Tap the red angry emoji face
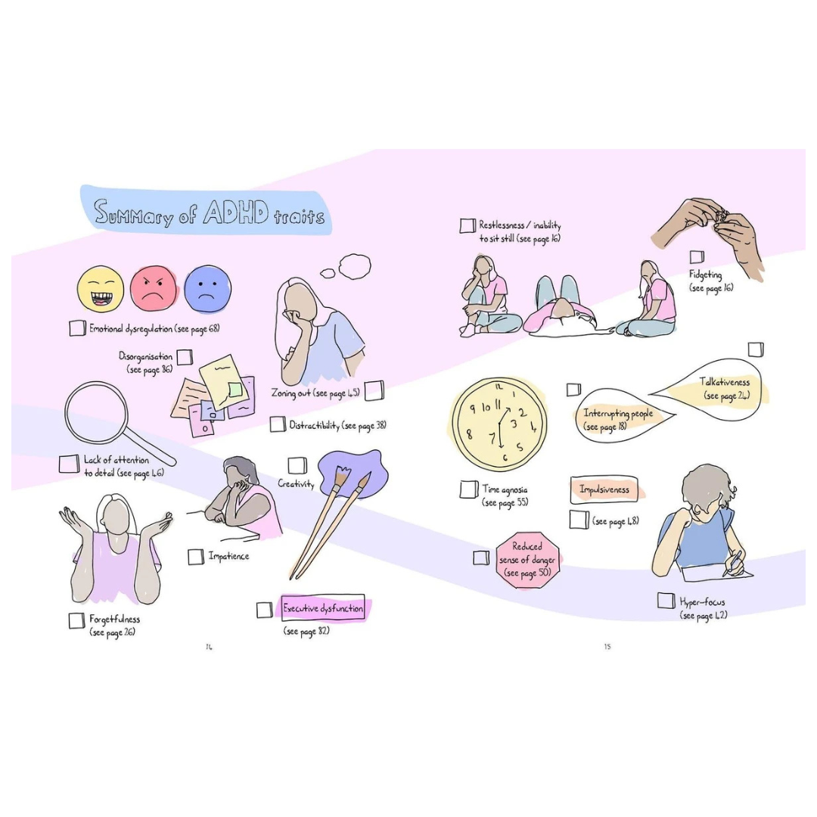click(x=154, y=288)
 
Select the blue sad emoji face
click(x=207, y=288)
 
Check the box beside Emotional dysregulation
click(x=77, y=328)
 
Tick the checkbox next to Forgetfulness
click(x=76, y=620)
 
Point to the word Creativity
click(x=296, y=483)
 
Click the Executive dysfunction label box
click(x=323, y=608)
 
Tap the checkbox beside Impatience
click(x=196, y=557)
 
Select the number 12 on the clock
click(x=498, y=387)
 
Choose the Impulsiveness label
click(x=604, y=489)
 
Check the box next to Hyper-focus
click(x=666, y=601)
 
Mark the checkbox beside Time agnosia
click(x=469, y=490)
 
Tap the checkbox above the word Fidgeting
click(x=697, y=257)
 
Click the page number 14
click(x=209, y=647)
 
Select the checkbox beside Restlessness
click(x=468, y=226)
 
